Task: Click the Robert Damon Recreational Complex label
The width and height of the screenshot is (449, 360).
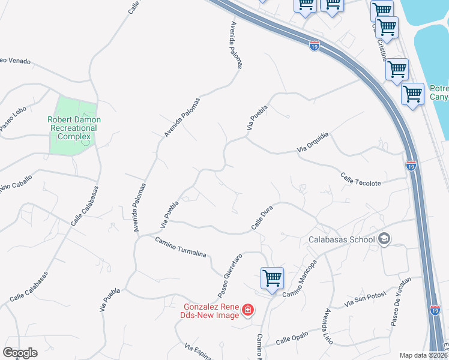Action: [x=74, y=128]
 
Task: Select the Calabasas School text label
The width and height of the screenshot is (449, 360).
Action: [x=342, y=239]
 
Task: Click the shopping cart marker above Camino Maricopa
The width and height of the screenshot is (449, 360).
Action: [x=272, y=278]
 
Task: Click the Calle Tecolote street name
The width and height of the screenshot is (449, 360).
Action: [x=360, y=179]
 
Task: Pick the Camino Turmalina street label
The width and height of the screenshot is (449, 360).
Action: [x=180, y=247]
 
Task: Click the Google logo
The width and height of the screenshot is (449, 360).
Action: [x=20, y=353]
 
